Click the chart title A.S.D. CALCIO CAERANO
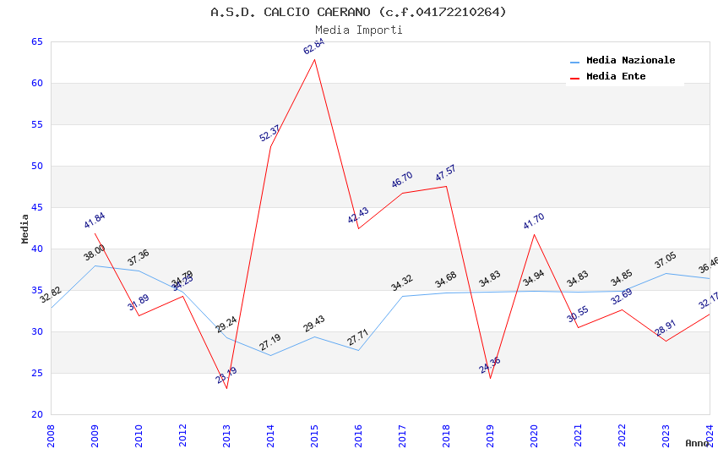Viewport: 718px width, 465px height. tap(358, 12)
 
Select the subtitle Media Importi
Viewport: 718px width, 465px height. tap(358, 30)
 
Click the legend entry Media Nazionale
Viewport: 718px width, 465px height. tap(630, 61)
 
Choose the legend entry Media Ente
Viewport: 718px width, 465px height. tap(616, 77)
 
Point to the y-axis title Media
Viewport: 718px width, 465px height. tap(24, 228)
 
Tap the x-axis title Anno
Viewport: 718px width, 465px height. tap(697, 443)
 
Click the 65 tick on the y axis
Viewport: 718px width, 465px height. tap(36, 42)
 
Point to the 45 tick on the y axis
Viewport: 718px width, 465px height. tap(36, 208)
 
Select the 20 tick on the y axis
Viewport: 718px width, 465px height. tap(36, 415)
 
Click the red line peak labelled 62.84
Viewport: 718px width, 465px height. tap(315, 59)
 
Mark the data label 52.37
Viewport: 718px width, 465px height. tap(269, 133)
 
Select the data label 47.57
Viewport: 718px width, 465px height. tap(445, 173)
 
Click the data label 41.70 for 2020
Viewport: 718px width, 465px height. tap(533, 222)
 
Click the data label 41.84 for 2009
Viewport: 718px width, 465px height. tap(94, 221)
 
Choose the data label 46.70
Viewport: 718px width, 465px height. tap(401, 180)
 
